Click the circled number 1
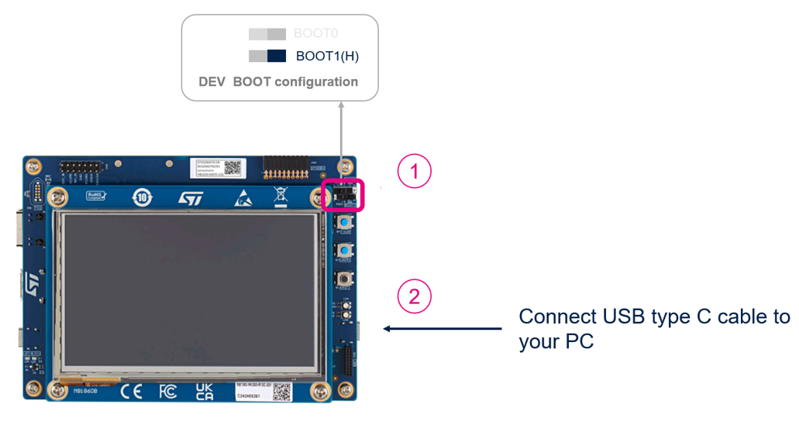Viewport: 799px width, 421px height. tap(415, 172)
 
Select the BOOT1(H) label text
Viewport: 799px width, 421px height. tap(327, 56)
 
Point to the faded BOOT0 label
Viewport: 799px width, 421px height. tap(315, 34)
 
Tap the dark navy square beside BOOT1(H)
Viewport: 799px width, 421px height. tap(277, 56)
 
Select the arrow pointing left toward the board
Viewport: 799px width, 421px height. tap(443, 329)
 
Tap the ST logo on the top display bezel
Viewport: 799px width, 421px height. tap(190, 198)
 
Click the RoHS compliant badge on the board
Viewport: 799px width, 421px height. tap(96, 197)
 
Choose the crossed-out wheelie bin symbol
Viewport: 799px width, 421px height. tap(281, 197)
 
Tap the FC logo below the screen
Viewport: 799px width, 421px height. tap(167, 392)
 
